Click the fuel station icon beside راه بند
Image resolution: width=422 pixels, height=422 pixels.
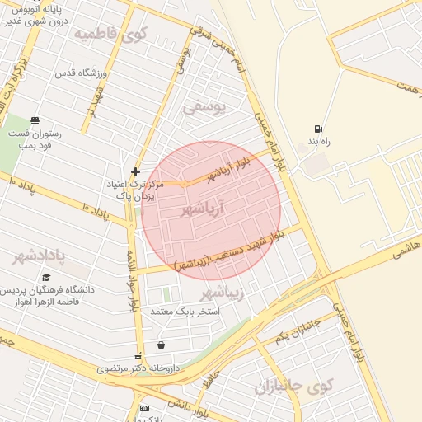(x=318, y=129)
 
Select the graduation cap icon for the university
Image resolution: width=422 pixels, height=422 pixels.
(x=46, y=278)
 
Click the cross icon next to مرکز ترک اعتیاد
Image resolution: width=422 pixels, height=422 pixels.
(x=135, y=171)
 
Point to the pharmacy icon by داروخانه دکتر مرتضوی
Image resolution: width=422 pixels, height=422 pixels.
(x=138, y=356)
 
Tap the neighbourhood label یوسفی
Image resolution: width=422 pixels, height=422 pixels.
(x=203, y=108)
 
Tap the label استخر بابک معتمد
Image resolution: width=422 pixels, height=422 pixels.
(x=185, y=312)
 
